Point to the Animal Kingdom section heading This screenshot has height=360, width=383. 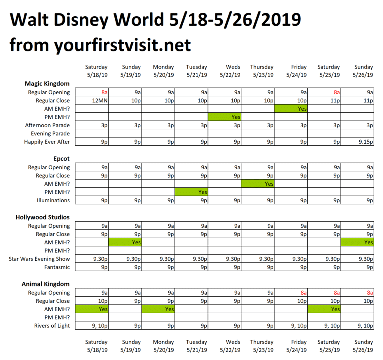coord(46,284)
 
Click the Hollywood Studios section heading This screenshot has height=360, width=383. coord(42,217)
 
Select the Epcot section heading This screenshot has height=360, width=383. coord(59,159)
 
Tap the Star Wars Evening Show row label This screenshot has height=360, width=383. coord(39,259)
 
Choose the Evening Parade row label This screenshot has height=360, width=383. coord(48,133)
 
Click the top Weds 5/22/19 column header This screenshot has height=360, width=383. coord(230,71)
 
